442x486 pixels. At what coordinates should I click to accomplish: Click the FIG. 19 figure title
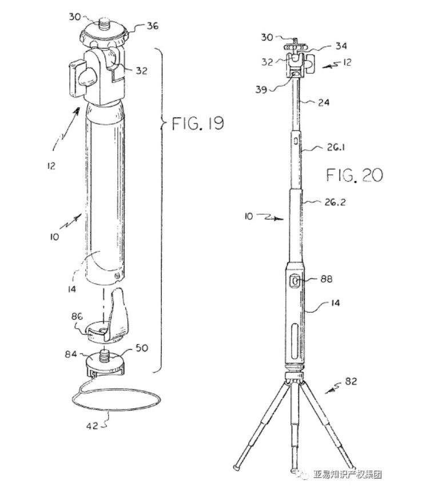198,123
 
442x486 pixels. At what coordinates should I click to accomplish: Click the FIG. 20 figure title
355,175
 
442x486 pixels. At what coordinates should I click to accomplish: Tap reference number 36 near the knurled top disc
152,26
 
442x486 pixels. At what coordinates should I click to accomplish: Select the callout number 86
77,316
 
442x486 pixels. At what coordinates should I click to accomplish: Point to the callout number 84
71,354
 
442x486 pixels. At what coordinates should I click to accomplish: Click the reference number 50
142,348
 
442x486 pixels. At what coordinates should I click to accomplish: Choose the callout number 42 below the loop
92,426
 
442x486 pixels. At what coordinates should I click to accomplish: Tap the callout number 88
326,279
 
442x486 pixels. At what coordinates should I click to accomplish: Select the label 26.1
336,147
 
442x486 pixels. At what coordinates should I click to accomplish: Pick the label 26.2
335,202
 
